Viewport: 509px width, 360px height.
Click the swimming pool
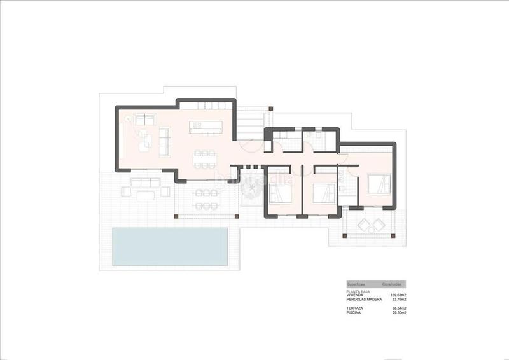tap(171, 246)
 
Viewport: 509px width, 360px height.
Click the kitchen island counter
tap(206, 127)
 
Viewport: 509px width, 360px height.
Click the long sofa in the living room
tap(164, 141)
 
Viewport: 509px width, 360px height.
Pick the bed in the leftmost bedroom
tap(281, 189)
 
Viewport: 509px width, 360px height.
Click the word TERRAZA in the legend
tap(355, 308)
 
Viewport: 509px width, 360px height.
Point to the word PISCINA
tap(354, 313)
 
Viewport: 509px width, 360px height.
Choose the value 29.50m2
tap(399, 313)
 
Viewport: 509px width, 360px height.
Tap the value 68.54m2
tap(399, 308)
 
